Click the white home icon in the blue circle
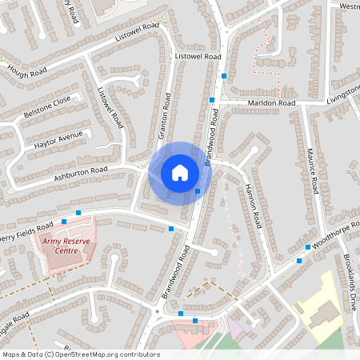[180, 172]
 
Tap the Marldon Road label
[271, 103]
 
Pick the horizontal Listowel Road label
[197, 58]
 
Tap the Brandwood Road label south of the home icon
[177, 272]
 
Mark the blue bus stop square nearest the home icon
[197, 191]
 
